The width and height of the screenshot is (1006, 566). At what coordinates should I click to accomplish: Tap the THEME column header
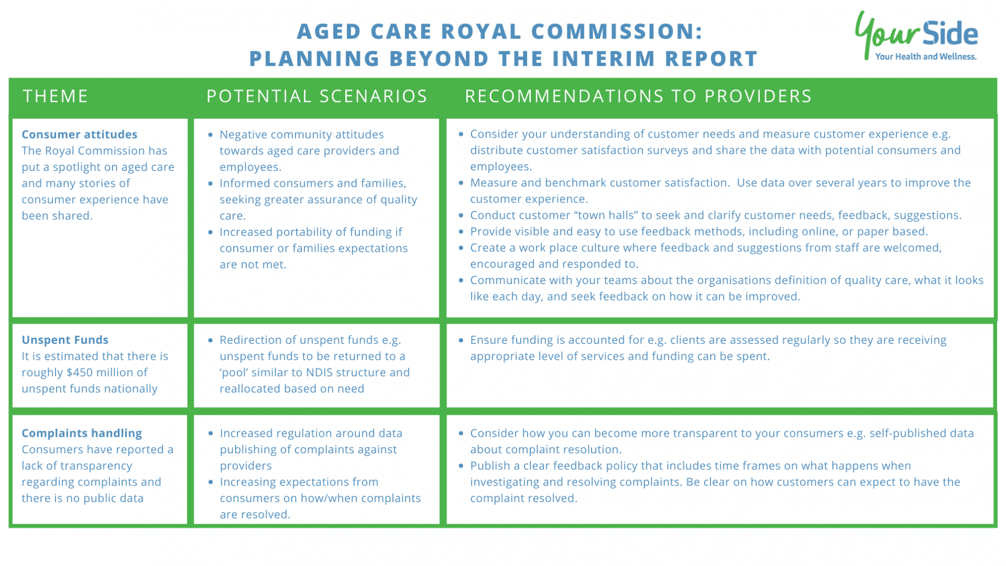(55, 96)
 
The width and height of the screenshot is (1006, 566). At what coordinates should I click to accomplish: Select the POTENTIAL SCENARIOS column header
(316, 96)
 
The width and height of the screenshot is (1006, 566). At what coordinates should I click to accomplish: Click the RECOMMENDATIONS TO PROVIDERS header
(638, 96)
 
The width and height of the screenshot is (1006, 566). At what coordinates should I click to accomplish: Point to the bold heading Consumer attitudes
(79, 134)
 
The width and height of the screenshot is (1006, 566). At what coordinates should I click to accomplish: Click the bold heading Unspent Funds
(64, 340)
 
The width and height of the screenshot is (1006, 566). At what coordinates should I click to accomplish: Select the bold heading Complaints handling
(81, 433)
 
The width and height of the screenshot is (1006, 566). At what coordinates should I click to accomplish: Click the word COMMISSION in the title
(616, 31)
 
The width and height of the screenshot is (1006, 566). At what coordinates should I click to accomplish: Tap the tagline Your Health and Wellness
(925, 57)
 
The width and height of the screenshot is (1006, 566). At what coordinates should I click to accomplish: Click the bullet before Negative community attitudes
(210, 135)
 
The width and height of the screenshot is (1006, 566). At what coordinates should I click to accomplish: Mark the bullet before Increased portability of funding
(210, 232)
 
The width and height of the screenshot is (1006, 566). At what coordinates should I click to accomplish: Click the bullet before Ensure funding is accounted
(461, 340)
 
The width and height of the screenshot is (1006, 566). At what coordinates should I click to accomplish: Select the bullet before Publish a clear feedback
(461, 466)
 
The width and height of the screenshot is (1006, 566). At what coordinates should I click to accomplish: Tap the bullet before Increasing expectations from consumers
(210, 482)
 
